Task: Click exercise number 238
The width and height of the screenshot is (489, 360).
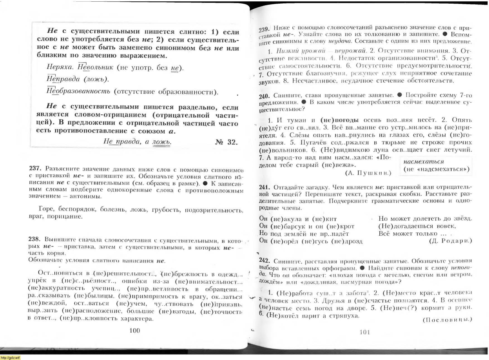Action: [35, 239]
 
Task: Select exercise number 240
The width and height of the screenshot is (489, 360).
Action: [264, 96]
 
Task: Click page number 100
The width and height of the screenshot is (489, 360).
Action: [135, 330]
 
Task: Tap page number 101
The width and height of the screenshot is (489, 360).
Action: [365, 332]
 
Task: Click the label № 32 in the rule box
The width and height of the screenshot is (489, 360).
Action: [226, 142]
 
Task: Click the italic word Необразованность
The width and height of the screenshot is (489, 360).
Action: [78, 91]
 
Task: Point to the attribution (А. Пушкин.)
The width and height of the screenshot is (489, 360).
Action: [368, 173]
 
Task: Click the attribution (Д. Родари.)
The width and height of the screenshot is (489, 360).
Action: [450, 241]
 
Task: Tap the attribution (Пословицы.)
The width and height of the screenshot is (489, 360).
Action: [447, 320]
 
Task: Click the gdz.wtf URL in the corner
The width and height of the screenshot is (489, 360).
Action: [10, 357]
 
